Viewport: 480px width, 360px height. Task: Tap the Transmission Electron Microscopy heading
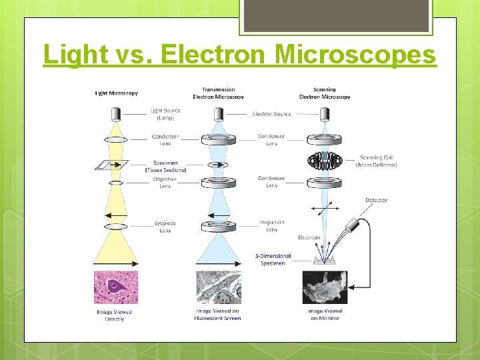pos(218,93)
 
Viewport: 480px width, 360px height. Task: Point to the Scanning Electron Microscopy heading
pos(325,93)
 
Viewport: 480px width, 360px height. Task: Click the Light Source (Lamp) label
pos(165,114)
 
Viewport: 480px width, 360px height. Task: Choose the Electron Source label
pos(271,114)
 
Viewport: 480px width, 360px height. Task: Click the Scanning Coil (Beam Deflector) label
pos(376,161)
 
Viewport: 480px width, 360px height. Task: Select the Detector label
pos(376,200)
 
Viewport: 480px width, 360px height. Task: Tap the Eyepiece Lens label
pos(165,227)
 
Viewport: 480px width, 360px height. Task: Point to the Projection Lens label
pos(271,226)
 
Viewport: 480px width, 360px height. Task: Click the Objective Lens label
pos(165,183)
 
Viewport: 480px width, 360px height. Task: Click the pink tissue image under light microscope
pos(116,287)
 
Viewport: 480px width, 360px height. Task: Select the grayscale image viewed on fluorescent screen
pos(218,287)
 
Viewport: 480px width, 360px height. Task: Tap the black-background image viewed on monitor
pos(325,287)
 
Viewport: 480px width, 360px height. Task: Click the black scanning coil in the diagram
pos(325,161)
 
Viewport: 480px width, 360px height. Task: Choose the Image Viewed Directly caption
pos(115,315)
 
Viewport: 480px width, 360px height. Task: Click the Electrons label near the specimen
pos(309,237)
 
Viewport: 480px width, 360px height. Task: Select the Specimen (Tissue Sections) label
pos(165,166)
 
